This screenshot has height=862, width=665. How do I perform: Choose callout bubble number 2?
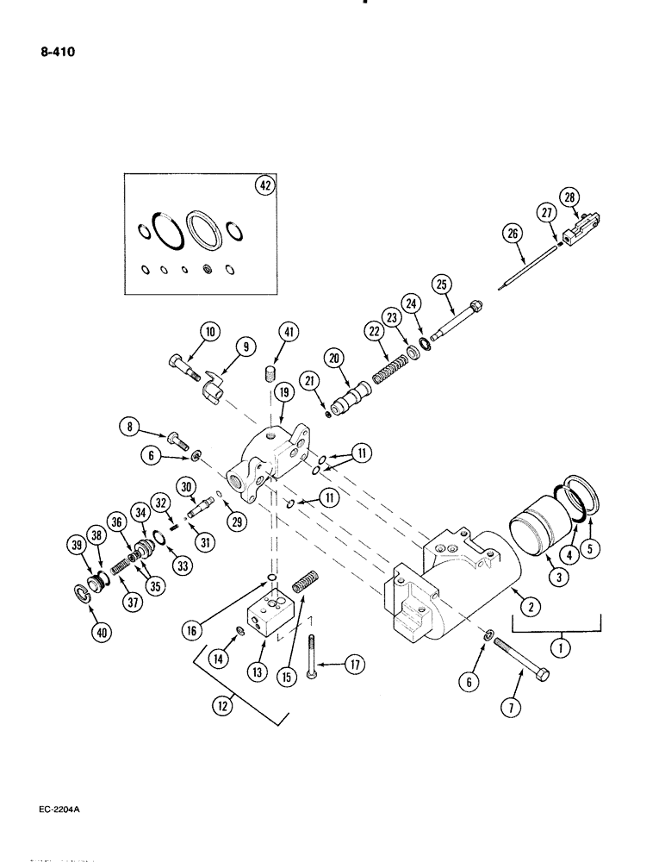[x=531, y=607]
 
